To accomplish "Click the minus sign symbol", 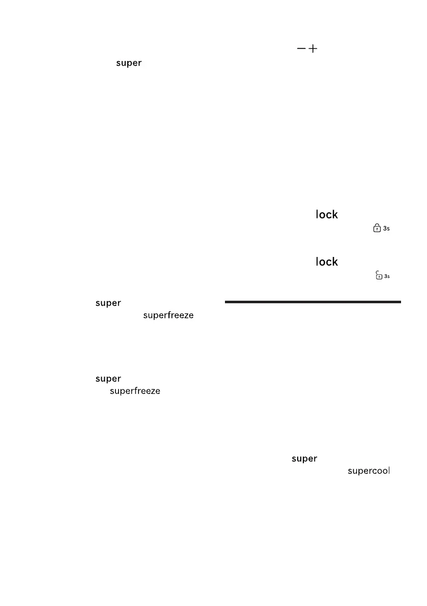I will [x=301, y=48].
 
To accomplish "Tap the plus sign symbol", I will [x=312, y=48].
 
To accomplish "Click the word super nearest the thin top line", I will [x=129, y=64].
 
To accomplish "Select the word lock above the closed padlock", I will [x=327, y=215].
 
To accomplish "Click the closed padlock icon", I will [x=377, y=228].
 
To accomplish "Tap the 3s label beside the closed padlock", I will [x=386, y=229].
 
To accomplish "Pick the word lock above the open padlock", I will [x=327, y=262].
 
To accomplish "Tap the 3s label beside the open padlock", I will [x=387, y=276].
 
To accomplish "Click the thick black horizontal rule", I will [x=312, y=302].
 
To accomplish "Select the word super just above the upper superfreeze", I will [x=108, y=303].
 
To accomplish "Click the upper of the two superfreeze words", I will [x=168, y=316].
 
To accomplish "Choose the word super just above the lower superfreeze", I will [x=108, y=379].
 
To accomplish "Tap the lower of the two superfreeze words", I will [x=135, y=391].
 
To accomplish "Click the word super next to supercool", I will [x=304, y=459].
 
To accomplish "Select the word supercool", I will [x=368, y=471].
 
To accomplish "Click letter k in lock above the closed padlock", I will [x=334, y=215].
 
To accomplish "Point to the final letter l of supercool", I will [x=388, y=471].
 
